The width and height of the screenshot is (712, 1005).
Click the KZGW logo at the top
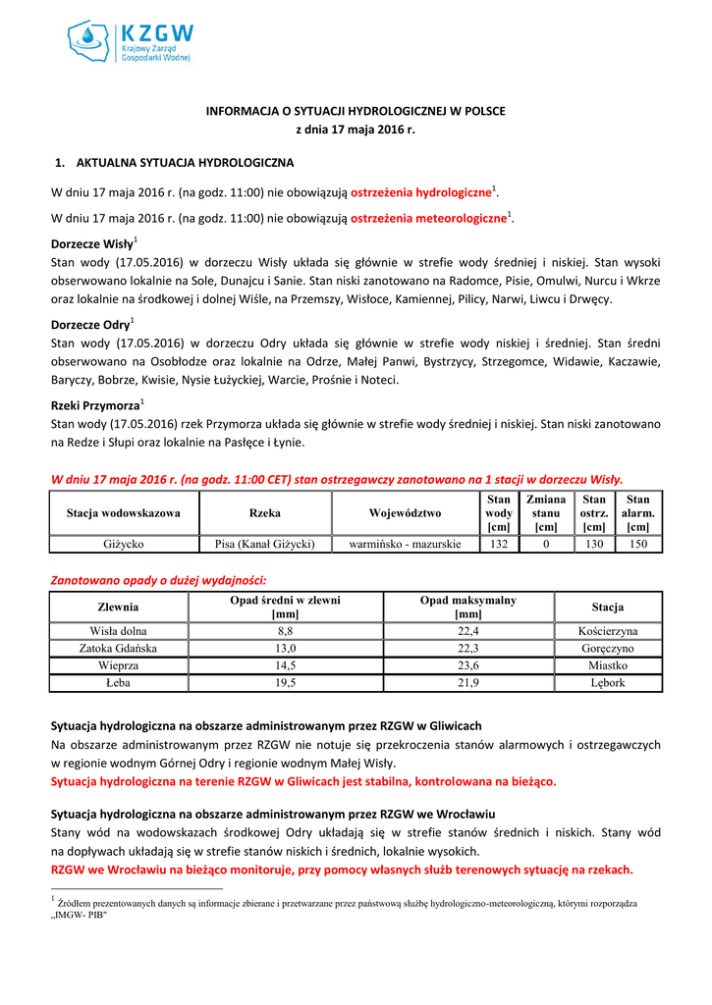(130, 41)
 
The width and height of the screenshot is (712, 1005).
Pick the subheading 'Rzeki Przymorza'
(94, 405)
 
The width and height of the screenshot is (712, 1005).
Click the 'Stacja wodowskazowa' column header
(124, 513)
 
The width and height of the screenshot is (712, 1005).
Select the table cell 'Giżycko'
(124, 544)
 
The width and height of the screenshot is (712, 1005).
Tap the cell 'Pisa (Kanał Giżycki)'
(264, 544)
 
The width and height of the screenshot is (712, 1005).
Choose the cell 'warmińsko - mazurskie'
(405, 544)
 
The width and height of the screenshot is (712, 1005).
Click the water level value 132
(498, 544)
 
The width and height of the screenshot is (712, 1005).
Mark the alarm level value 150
(638, 544)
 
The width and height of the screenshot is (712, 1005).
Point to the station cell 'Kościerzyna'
(608, 631)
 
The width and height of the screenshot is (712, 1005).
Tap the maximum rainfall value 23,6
(467, 666)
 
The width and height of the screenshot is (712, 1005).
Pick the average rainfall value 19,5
(286, 684)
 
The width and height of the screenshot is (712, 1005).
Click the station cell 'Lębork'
(608, 684)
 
